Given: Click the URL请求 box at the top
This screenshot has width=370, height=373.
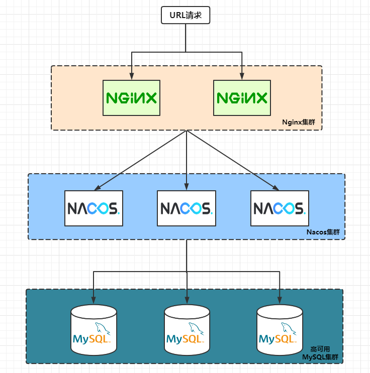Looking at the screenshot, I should (186, 15).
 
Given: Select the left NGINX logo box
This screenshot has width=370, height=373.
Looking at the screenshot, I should (131, 97).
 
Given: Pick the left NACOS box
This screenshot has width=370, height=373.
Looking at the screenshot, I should (94, 208).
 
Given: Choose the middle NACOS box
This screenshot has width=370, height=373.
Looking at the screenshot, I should (187, 208).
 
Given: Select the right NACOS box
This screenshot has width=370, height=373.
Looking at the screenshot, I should (280, 208).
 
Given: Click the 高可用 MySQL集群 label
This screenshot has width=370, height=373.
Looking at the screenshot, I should (320, 353).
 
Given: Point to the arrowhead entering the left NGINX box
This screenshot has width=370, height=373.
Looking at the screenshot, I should (131, 76).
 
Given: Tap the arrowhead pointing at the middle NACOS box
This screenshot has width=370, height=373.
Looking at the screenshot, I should (187, 187).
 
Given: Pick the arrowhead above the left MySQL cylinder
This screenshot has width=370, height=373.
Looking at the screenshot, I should (94, 300).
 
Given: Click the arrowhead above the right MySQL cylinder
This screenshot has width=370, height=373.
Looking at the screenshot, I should (280, 300).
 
